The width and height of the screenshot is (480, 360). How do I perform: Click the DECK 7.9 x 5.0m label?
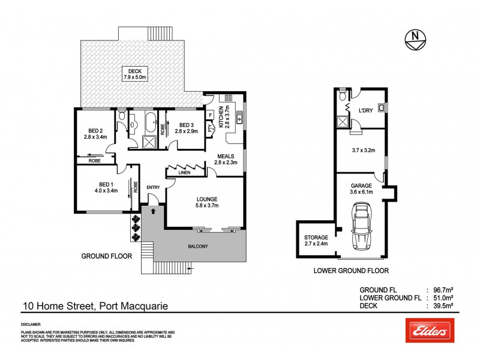[x=134, y=74]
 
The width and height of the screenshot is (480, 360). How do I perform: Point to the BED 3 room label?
[x=186, y=127]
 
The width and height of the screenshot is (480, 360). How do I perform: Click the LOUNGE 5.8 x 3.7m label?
[x=205, y=202]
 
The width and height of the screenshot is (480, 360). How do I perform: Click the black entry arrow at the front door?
[x=153, y=211]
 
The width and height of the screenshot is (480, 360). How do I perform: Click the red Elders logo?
[x=427, y=330]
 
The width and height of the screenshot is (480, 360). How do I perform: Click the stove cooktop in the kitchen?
[x=229, y=99]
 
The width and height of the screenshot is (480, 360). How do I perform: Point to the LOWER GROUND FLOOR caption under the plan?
[x=351, y=271]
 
